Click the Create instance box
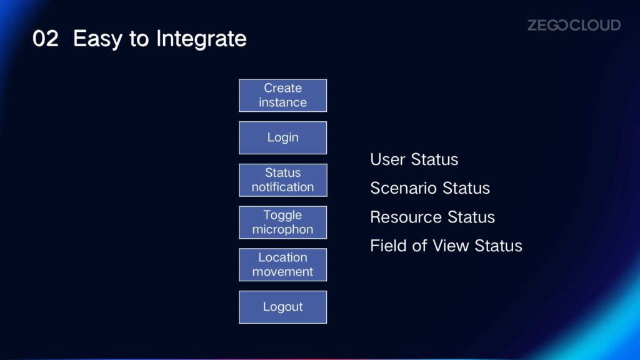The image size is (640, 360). (x=283, y=96)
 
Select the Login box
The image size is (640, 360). (x=283, y=138)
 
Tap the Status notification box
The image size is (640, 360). (x=283, y=180)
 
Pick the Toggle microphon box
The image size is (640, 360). (x=283, y=222)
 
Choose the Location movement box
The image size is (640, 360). (x=283, y=265)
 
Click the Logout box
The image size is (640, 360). (x=283, y=307)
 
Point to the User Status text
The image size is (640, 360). (x=414, y=159)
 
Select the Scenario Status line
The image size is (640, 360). (x=430, y=188)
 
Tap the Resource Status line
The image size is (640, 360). (x=432, y=217)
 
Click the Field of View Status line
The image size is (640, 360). (x=446, y=246)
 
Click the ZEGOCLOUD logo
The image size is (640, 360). (x=574, y=25)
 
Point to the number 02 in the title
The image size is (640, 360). (x=45, y=39)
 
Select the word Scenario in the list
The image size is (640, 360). (x=403, y=188)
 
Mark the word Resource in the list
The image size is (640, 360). (x=406, y=217)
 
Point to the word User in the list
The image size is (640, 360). (x=387, y=159)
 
